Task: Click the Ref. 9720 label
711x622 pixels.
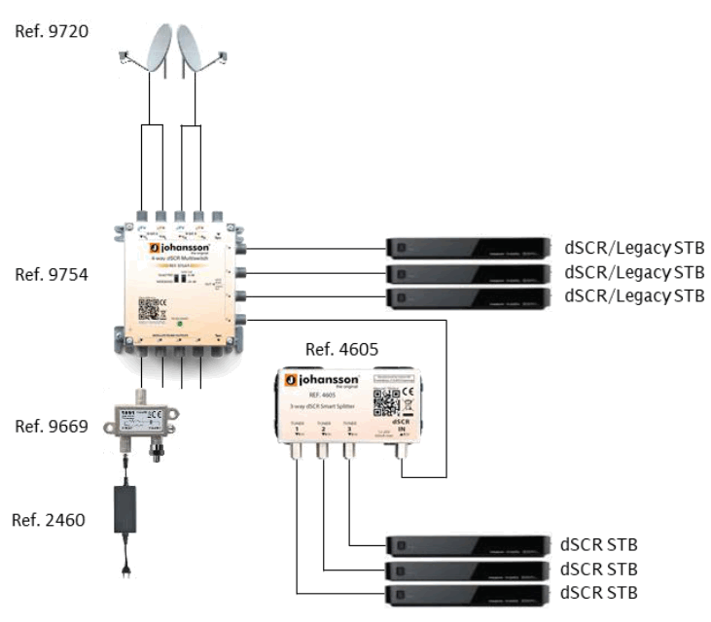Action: point(52,32)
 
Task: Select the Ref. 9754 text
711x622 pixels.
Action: point(52,275)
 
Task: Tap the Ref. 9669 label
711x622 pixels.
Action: point(52,427)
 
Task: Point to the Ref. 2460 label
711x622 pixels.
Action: point(52,520)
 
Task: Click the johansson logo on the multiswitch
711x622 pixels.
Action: point(174,249)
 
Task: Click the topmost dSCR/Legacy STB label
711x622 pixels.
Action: point(634,246)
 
